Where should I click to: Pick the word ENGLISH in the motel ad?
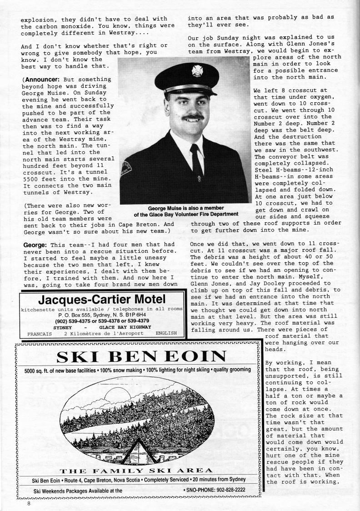(166, 333)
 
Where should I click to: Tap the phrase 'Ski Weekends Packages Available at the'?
(78, 491)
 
